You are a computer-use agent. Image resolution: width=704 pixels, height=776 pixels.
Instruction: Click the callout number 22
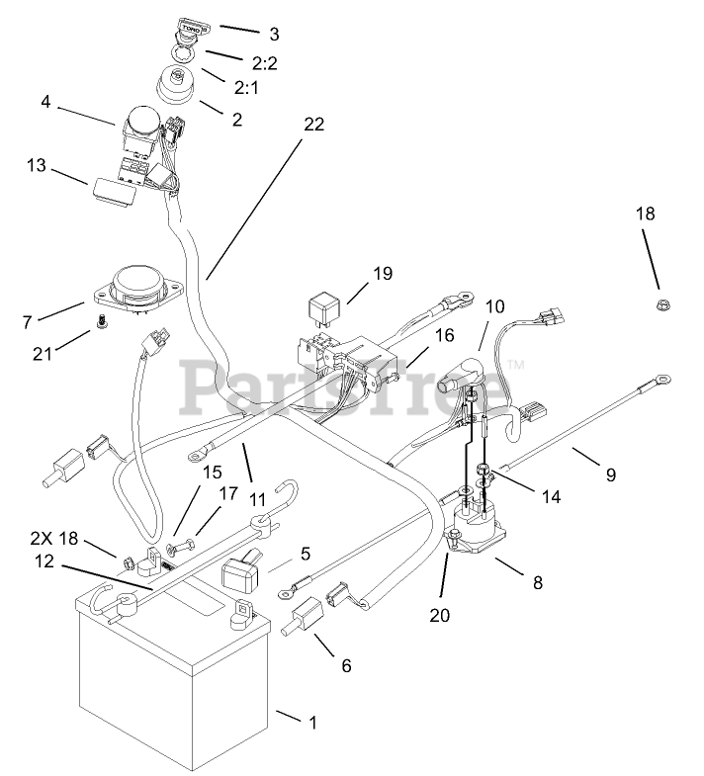313,125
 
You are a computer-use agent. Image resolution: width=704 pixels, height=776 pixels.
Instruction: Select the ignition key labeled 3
188,30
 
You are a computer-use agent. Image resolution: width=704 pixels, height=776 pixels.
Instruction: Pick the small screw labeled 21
102,322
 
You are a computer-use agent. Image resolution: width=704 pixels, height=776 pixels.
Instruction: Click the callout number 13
37,166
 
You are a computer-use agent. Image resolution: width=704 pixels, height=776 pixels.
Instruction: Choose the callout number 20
439,615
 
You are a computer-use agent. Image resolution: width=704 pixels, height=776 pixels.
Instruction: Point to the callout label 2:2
264,63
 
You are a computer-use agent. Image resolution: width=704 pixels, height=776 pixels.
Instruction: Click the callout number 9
610,474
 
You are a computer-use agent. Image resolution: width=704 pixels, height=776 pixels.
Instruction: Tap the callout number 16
444,336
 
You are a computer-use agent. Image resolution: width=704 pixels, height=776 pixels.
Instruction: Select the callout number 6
346,665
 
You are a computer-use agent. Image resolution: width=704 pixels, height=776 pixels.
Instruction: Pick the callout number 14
551,497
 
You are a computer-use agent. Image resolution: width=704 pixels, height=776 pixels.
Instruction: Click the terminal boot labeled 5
242,571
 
